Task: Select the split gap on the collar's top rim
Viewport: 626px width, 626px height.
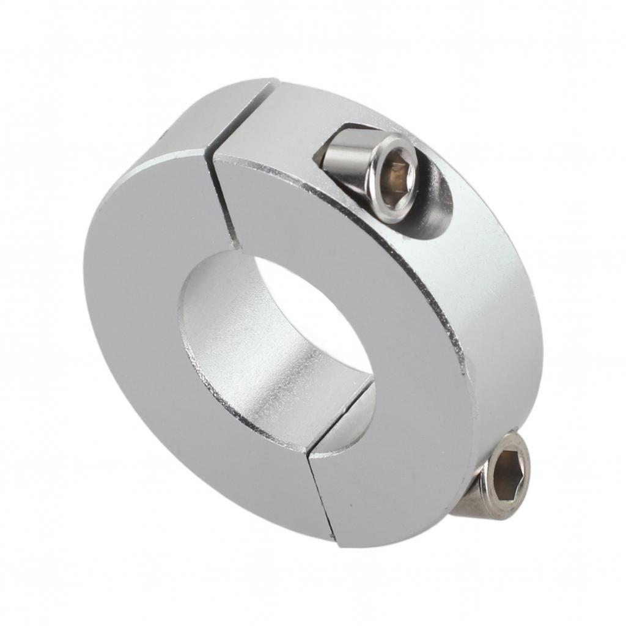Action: click(245, 116)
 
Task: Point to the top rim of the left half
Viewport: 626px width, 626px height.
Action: click(183, 122)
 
